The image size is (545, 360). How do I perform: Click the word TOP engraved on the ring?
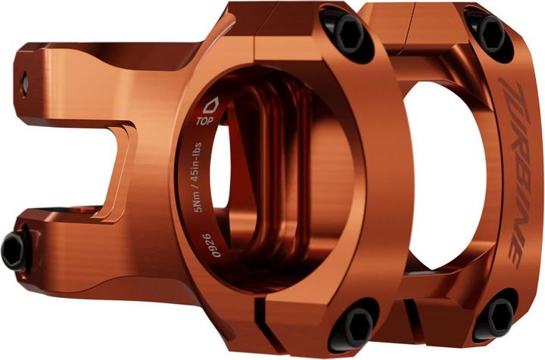coord(204,119)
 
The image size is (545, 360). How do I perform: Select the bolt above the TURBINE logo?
coord(490,33)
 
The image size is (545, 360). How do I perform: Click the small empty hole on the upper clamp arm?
coord(24,79)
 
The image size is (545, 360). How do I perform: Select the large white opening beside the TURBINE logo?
coord(439,174)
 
